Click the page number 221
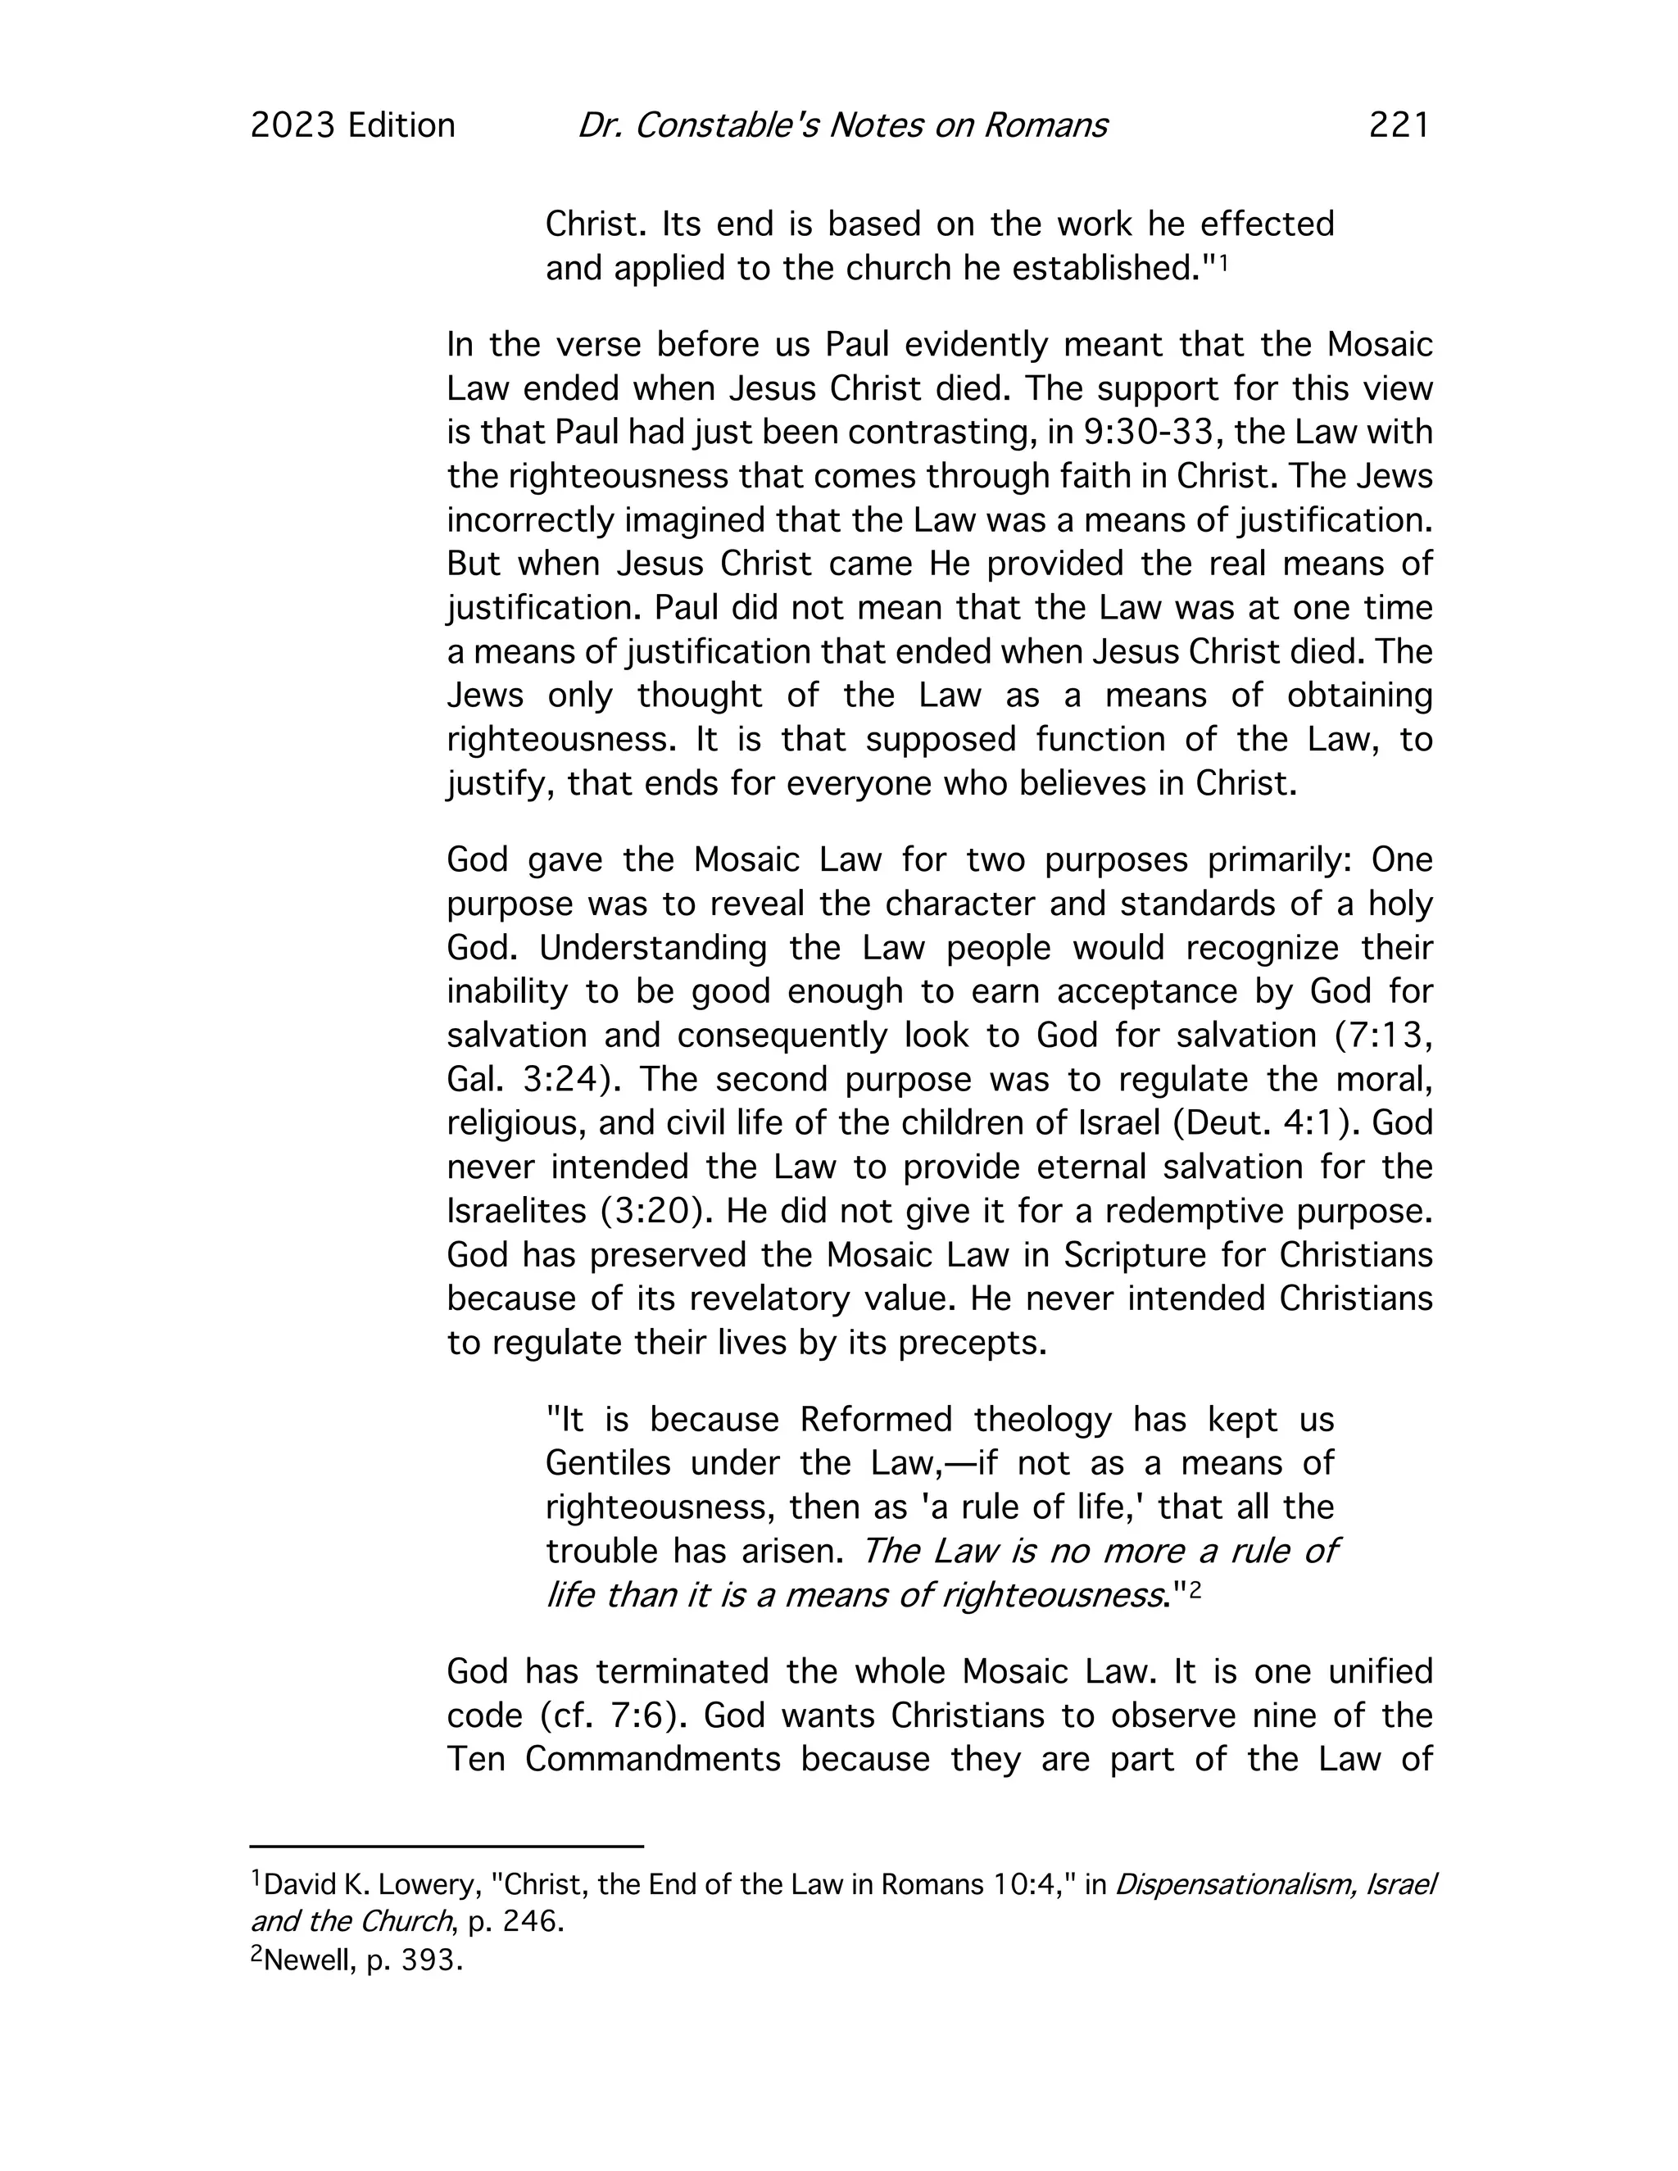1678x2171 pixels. [x=1398, y=125]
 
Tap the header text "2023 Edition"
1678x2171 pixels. [x=353, y=125]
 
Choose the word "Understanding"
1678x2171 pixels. [x=653, y=949]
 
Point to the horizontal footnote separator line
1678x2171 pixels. [x=447, y=1847]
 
